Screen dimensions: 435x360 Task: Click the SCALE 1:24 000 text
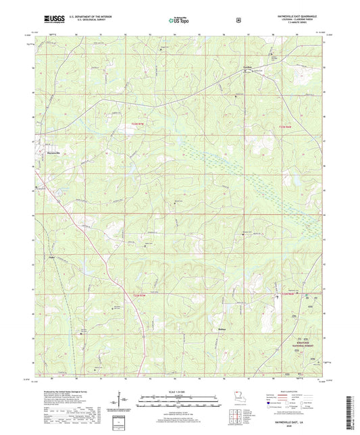[180, 391]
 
